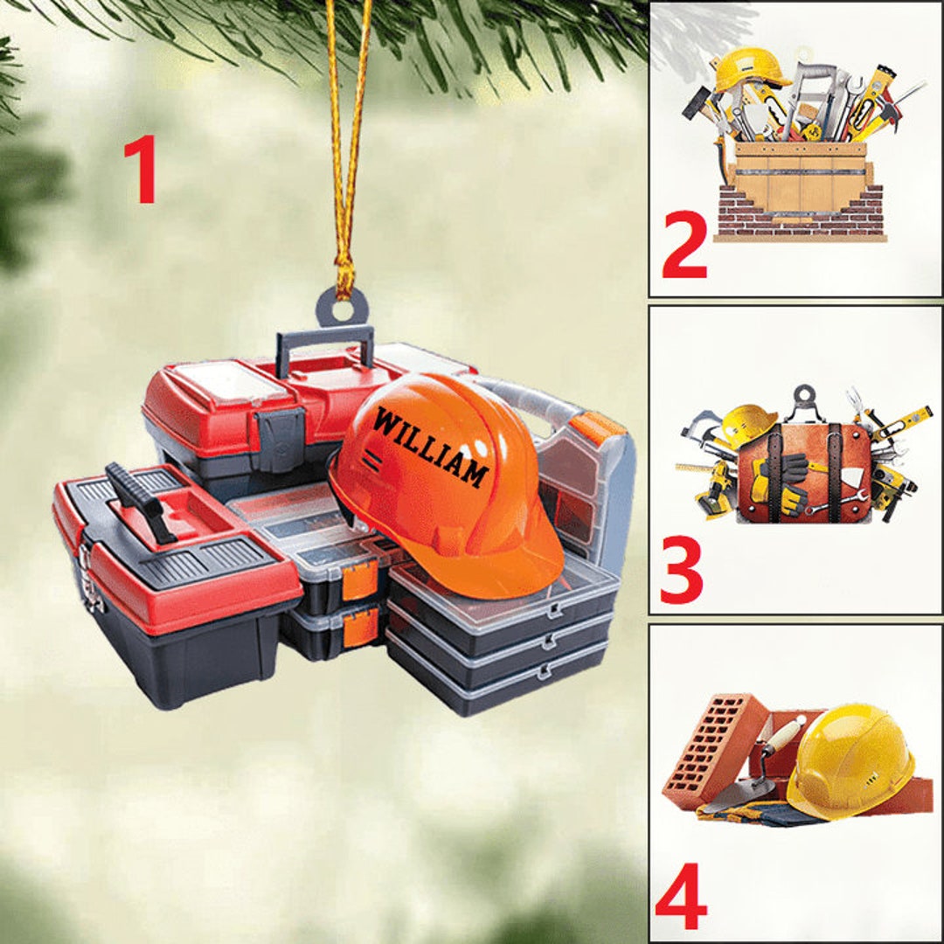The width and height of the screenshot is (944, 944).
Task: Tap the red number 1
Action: pos(141,170)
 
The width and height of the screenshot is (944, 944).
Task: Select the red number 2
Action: pos(684,248)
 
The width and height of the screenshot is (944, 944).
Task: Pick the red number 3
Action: pos(682,571)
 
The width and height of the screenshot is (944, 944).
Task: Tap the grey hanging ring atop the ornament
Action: pos(342,306)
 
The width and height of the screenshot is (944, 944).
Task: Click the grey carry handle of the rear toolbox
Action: pos(323,341)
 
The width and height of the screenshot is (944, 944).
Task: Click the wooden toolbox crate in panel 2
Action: pos(800,179)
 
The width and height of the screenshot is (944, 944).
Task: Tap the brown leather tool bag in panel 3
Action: pos(804,472)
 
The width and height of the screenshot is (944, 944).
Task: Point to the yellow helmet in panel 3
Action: pos(747,424)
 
